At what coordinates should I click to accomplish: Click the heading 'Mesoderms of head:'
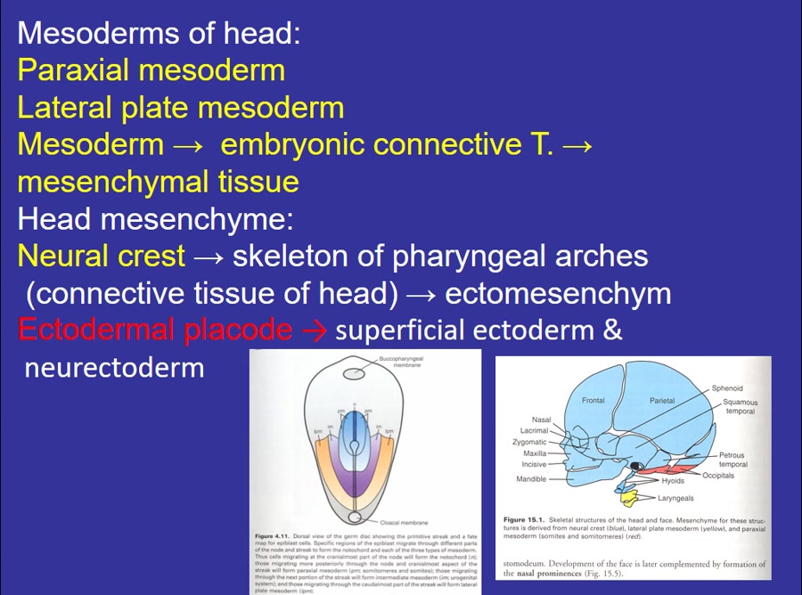click(159, 34)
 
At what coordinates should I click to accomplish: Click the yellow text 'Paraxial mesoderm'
click(151, 70)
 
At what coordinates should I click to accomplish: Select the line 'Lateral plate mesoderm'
click(180, 108)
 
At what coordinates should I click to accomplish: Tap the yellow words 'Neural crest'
click(101, 257)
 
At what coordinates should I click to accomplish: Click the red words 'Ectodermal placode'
click(154, 330)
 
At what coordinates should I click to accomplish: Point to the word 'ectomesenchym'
click(557, 293)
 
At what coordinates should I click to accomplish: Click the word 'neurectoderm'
click(114, 367)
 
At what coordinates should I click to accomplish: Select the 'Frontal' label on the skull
click(593, 401)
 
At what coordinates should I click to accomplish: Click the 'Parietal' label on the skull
click(662, 401)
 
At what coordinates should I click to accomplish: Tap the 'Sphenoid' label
click(726, 388)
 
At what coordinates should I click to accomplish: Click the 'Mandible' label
click(531, 479)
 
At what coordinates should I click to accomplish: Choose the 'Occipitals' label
click(718, 476)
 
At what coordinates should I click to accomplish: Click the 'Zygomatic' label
click(529, 442)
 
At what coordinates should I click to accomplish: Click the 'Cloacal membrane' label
click(404, 522)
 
